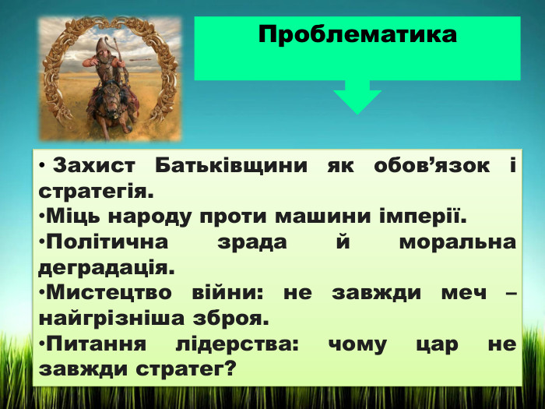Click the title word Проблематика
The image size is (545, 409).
click(357, 35)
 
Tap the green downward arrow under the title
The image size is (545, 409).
click(357, 99)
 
